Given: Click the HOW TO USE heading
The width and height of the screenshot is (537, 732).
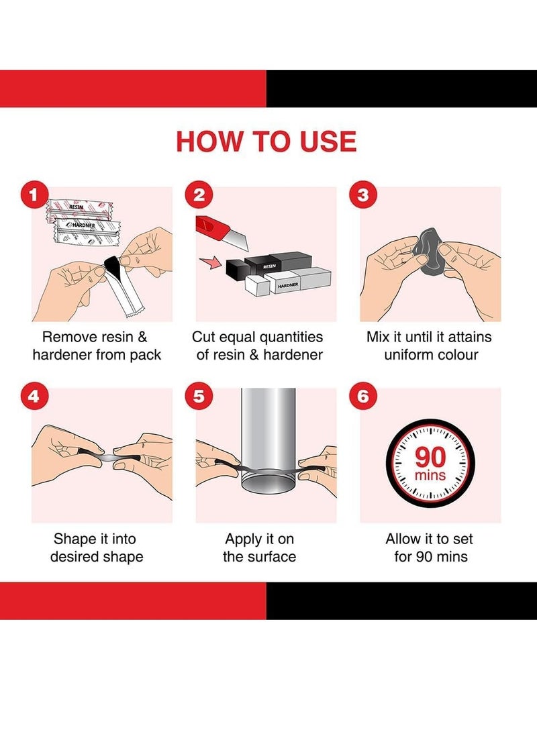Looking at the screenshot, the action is click(x=266, y=141).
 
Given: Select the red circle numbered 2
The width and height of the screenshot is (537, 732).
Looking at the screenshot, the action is click(x=199, y=195).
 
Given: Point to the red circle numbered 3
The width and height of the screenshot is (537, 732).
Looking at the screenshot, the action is click(x=363, y=195).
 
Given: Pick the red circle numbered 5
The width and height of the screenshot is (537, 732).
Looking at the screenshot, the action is click(x=199, y=397).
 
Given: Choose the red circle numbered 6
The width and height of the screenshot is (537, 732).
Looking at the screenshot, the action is click(x=363, y=397).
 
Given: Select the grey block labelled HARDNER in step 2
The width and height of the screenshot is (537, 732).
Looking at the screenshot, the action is click(x=298, y=281).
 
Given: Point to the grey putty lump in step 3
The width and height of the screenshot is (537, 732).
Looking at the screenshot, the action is click(x=428, y=251).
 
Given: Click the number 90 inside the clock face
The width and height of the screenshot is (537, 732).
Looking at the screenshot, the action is click(x=430, y=457).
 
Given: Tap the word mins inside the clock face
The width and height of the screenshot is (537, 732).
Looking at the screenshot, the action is click(x=430, y=476).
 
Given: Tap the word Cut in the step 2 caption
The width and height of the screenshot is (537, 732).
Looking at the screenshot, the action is click(x=203, y=337).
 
